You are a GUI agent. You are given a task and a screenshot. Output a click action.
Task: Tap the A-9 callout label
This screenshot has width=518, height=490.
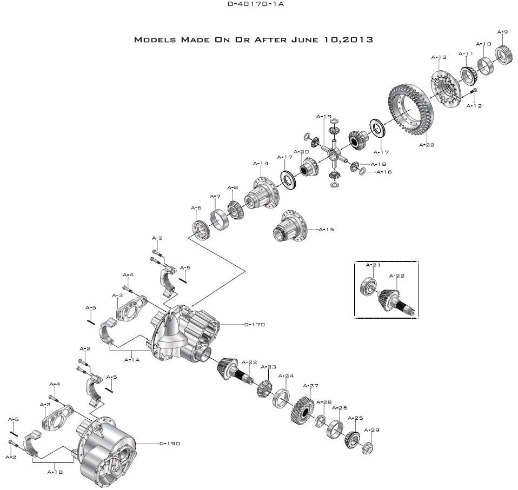click(502, 32)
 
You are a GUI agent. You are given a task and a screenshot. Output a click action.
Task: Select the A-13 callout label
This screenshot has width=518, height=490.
click(439, 57)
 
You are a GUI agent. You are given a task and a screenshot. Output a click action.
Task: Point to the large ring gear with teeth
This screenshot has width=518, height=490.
click(408, 108)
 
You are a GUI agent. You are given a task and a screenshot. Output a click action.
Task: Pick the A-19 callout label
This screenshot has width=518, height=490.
click(324, 116)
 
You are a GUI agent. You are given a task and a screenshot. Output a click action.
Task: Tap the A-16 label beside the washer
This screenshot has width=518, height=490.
click(384, 172)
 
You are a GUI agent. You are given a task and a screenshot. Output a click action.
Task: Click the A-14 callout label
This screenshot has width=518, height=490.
click(261, 163)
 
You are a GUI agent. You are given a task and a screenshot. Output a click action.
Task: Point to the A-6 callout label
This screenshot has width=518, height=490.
click(196, 208)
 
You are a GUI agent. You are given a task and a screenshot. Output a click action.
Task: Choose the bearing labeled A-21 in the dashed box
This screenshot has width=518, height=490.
click(369, 286)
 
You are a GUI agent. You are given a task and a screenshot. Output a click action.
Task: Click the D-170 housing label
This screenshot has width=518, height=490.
click(253, 325)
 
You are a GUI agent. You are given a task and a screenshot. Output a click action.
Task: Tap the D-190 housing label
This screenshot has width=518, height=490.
click(170, 444)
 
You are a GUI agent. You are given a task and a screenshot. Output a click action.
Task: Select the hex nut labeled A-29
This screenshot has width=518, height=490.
click(370, 447)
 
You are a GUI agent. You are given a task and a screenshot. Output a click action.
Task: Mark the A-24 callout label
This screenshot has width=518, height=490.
click(285, 375)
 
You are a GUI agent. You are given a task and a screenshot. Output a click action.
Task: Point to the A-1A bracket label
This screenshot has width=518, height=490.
click(132, 359)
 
